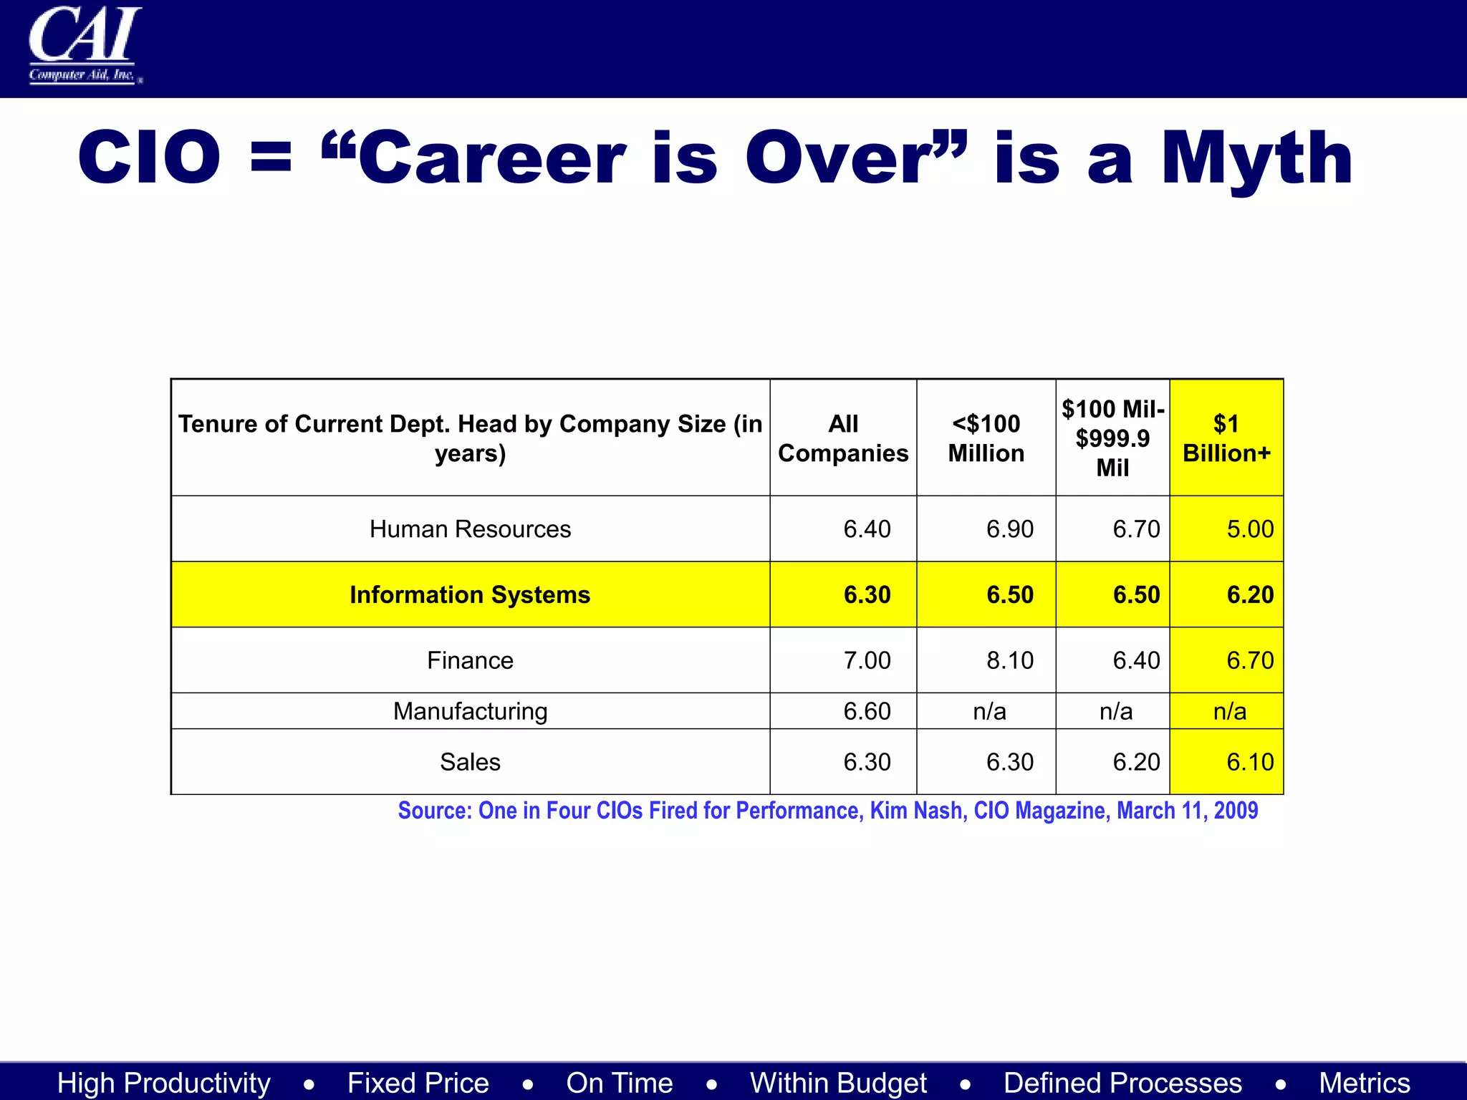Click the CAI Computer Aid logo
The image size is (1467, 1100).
point(85,44)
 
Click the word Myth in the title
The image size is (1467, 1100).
point(1257,158)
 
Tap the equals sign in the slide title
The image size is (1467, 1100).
point(271,157)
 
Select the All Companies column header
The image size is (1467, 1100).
point(843,438)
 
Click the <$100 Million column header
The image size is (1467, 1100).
point(986,438)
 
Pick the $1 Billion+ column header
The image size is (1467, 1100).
point(1226,438)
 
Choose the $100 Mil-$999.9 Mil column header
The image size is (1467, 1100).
point(1112,438)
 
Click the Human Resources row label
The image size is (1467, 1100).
point(470,529)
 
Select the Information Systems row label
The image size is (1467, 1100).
point(470,595)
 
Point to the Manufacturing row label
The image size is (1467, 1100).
point(470,711)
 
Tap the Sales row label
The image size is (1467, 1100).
point(470,762)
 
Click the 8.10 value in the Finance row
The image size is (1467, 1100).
point(1010,660)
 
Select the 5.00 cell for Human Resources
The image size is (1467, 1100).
point(1250,529)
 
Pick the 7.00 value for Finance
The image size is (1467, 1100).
point(867,660)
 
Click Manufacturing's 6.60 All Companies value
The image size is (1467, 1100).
point(867,711)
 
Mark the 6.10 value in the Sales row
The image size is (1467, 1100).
point(1250,762)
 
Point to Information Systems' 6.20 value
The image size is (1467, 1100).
point(1250,595)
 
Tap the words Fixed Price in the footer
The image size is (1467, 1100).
point(418,1083)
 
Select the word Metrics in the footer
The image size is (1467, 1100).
point(1365,1083)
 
